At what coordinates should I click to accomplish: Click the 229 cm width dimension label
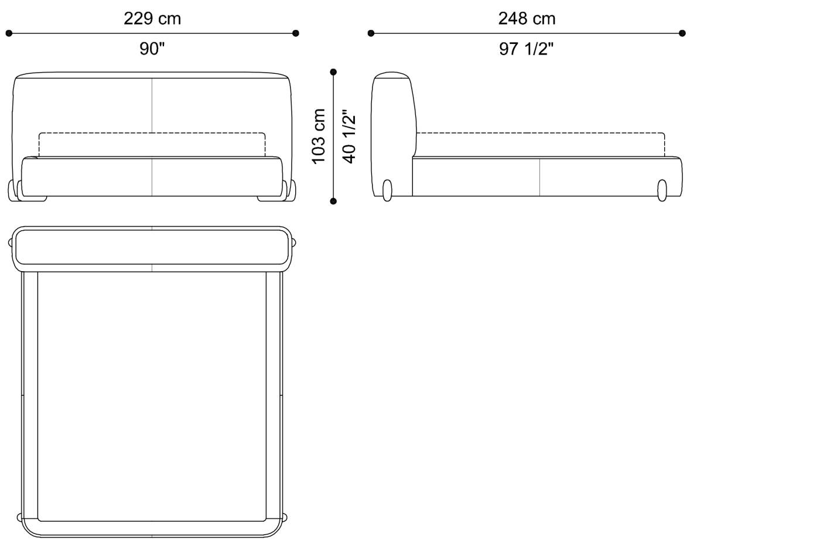pos(152,19)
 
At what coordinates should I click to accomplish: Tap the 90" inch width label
pos(152,49)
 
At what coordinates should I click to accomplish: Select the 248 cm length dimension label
pos(527,19)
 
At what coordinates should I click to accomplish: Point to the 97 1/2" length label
pos(527,49)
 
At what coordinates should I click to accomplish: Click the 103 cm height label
pos(319,136)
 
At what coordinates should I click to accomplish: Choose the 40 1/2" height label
pos(349,136)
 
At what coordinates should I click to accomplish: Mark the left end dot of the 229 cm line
pos(9,33)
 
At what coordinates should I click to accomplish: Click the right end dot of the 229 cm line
pos(296,33)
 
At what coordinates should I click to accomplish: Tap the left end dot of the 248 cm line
pos(371,33)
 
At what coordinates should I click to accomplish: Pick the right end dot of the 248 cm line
pos(682,33)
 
